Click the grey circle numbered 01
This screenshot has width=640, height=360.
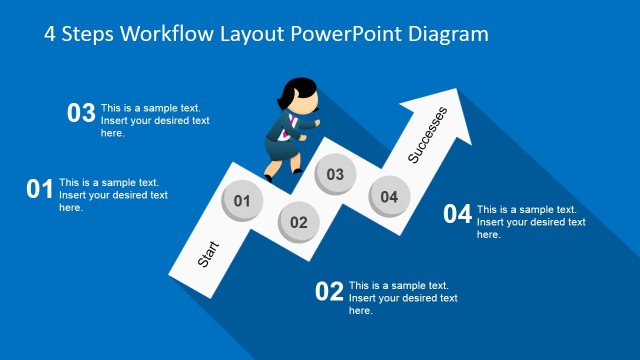[241, 200]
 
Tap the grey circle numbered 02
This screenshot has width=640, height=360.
[298, 221]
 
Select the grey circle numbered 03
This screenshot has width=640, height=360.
[335, 174]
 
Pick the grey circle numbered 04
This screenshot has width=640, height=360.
[388, 196]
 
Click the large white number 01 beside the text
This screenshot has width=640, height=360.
[39, 189]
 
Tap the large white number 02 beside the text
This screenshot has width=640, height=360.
[329, 292]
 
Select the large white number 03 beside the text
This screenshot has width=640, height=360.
[81, 113]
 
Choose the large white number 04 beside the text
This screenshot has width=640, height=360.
[457, 214]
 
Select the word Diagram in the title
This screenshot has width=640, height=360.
[447, 33]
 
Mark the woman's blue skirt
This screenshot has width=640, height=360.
[278, 149]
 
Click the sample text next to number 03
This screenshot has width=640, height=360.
[155, 120]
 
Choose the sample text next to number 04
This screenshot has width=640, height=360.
[531, 222]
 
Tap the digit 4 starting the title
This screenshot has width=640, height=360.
[51, 33]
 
